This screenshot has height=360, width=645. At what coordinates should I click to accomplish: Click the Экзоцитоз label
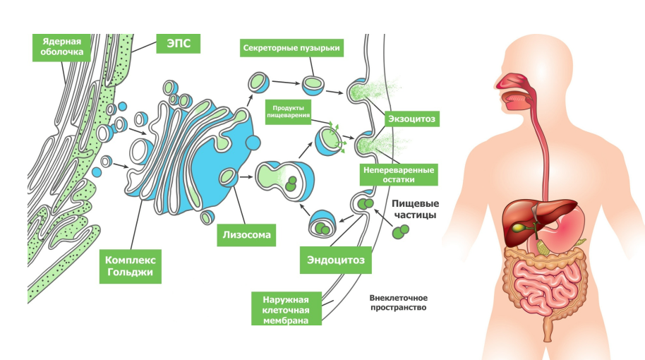click(x=409, y=119)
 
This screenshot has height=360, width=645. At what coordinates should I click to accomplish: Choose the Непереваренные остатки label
click(x=399, y=175)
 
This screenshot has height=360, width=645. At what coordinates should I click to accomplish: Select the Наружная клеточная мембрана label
click(x=287, y=308)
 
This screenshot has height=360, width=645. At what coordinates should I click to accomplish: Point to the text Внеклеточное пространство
click(x=399, y=303)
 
